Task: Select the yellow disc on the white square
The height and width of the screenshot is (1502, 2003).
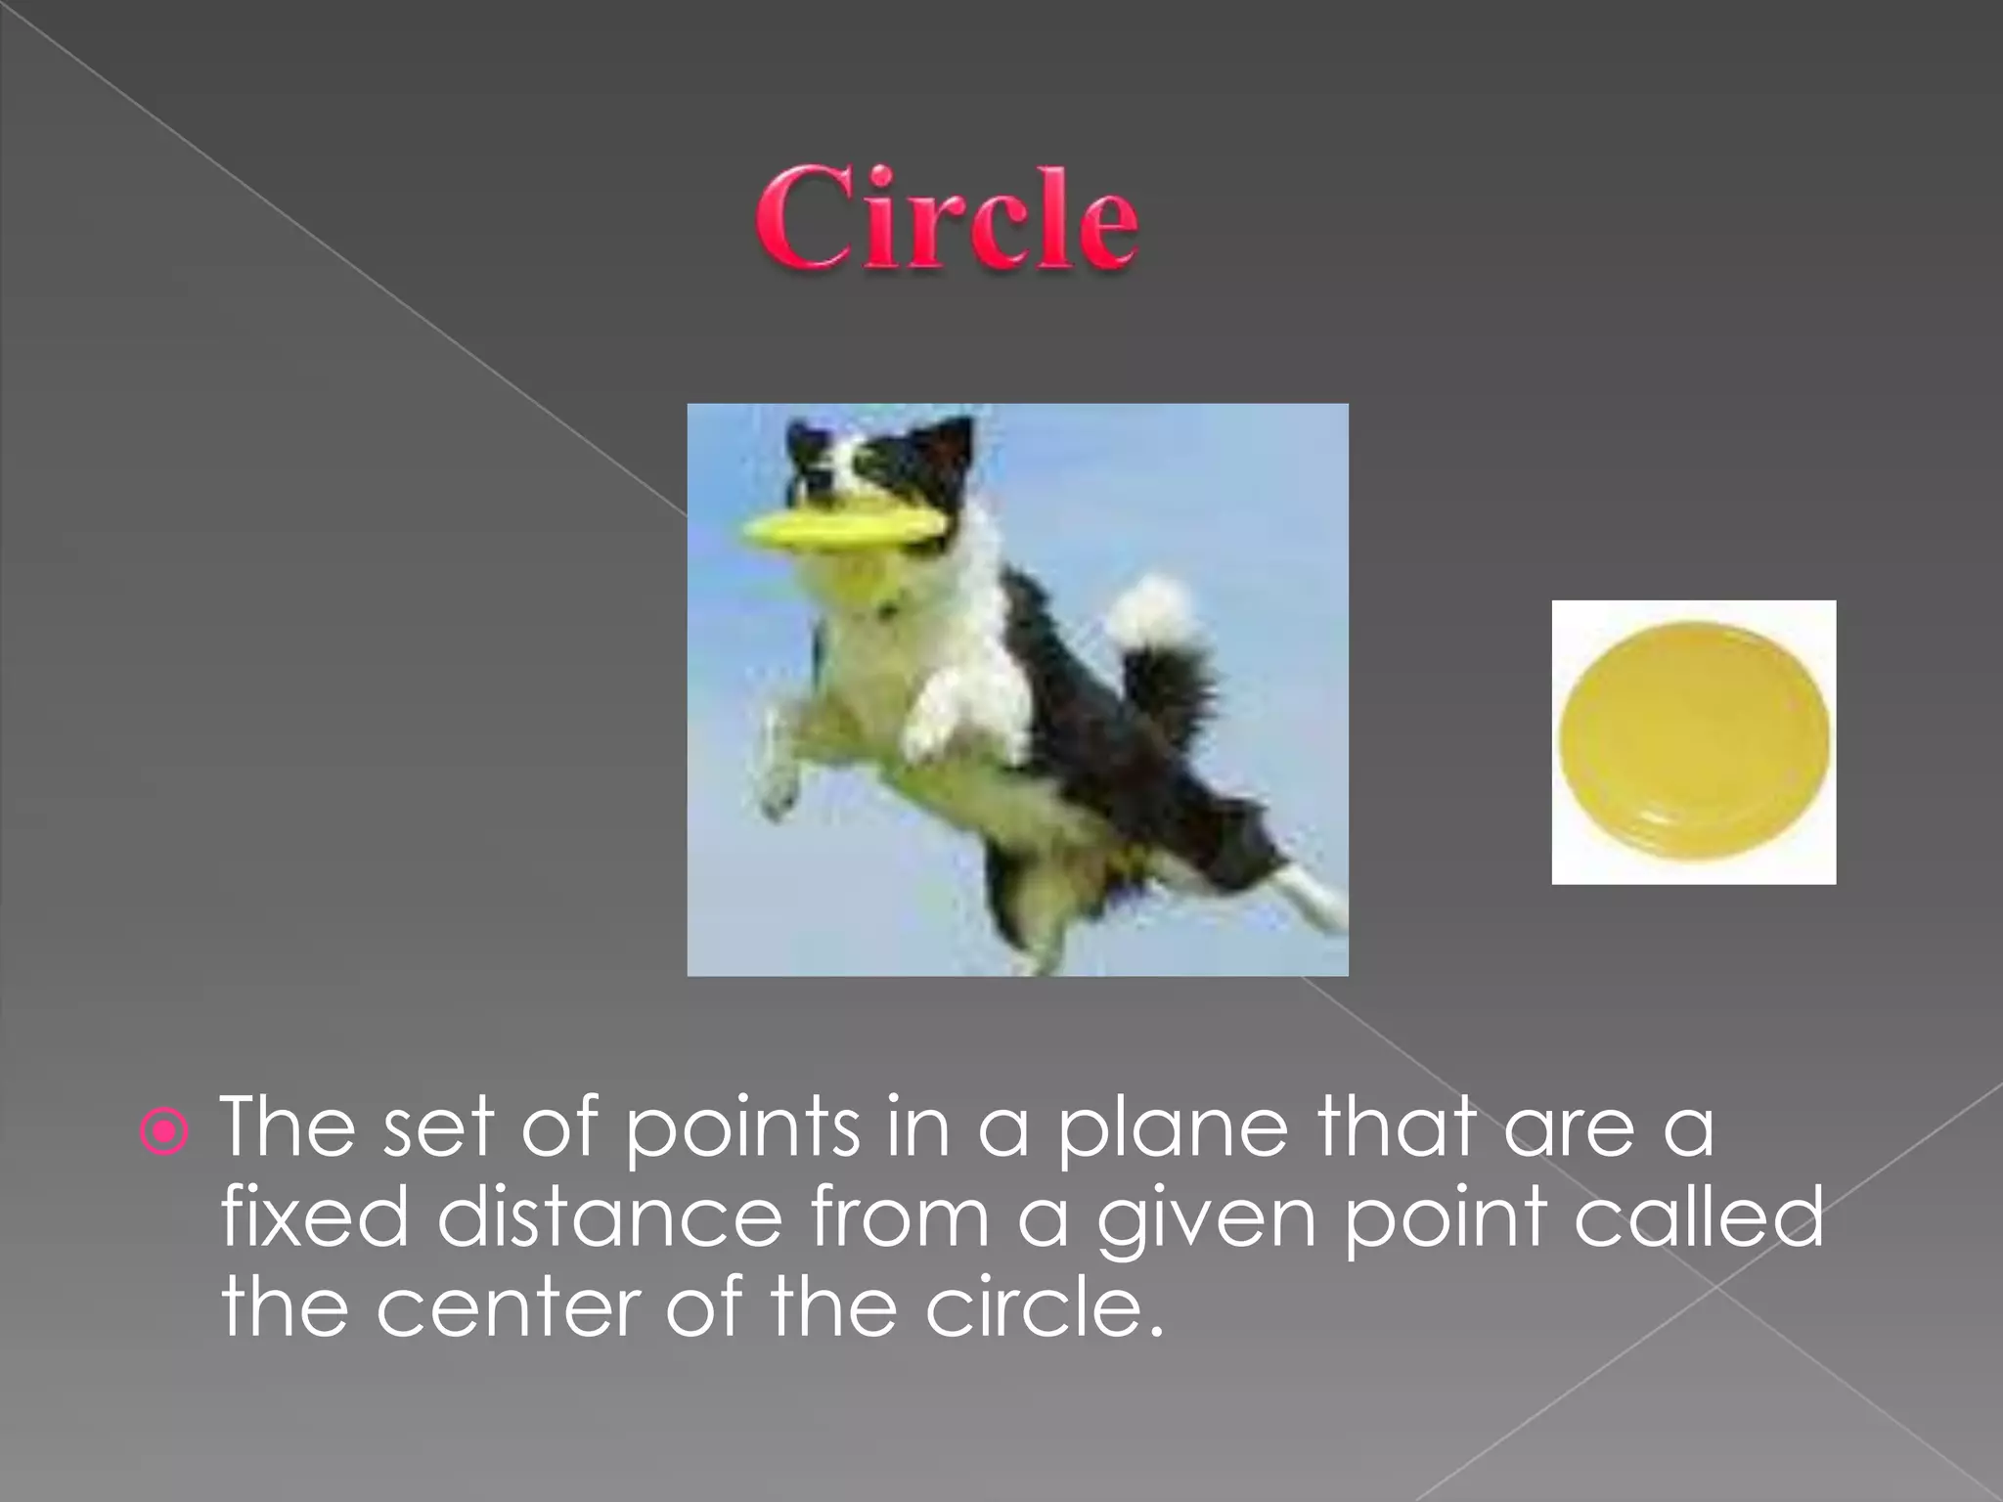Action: click(x=1693, y=740)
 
